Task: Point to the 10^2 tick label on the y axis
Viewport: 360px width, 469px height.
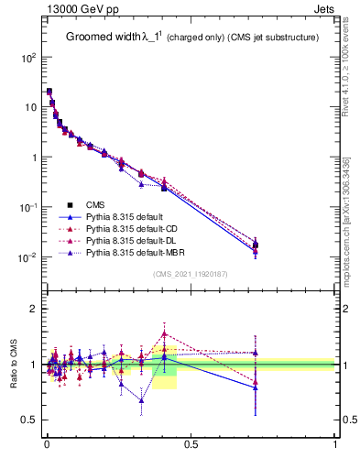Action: pos(28,57)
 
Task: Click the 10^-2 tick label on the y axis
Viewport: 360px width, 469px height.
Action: pos(28,257)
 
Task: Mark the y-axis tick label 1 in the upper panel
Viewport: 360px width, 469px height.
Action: pos(34,158)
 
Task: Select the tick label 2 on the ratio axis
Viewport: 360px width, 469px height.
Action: pos(34,309)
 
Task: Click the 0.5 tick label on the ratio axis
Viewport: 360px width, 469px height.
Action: pos(29,420)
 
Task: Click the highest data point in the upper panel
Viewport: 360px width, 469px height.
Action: pos(49,92)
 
